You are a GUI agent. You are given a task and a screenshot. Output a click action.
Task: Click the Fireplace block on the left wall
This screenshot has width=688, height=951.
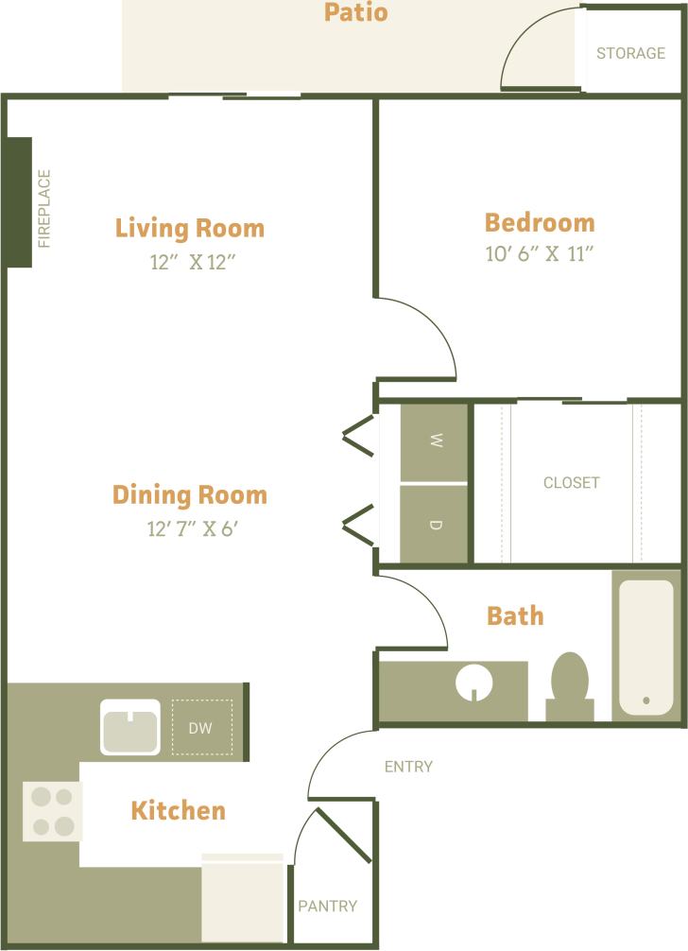click(x=20, y=202)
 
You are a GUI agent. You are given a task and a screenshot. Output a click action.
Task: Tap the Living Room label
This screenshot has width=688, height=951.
click(x=189, y=228)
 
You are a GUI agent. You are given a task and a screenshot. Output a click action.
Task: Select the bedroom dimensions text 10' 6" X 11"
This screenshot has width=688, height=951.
click(x=539, y=254)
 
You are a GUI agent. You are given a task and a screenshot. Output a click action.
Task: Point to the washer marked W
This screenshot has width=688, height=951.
click(x=435, y=441)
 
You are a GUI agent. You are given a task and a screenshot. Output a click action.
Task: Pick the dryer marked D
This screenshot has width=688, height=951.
click(x=435, y=525)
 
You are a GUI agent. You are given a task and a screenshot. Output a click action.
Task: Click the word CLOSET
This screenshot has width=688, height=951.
click(x=571, y=482)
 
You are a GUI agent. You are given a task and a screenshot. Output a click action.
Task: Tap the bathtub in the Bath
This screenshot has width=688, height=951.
click(x=646, y=648)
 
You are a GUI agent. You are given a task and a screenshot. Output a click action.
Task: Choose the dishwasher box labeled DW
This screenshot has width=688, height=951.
click(x=201, y=727)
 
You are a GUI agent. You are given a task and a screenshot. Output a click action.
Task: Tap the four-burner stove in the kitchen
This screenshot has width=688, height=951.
click(x=52, y=811)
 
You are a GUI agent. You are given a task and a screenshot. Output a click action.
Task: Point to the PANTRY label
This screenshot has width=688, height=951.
click(x=328, y=906)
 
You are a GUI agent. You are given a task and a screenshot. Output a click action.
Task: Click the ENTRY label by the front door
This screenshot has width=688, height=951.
click(x=408, y=767)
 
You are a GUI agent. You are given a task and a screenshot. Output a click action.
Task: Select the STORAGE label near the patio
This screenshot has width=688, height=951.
click(x=630, y=53)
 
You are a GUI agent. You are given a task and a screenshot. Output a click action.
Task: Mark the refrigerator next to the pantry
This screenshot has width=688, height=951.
click(x=243, y=899)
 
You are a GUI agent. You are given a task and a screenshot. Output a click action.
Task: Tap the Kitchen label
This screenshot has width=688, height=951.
click(x=178, y=810)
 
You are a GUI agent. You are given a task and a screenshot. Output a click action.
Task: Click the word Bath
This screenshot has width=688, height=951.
click(x=515, y=615)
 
